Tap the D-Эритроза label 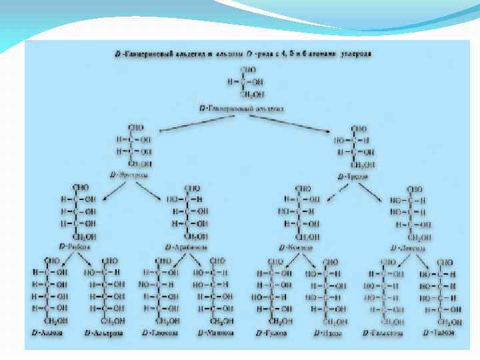tap(129, 175)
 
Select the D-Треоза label tap(351, 177)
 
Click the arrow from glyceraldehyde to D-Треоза tap(293, 122)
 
